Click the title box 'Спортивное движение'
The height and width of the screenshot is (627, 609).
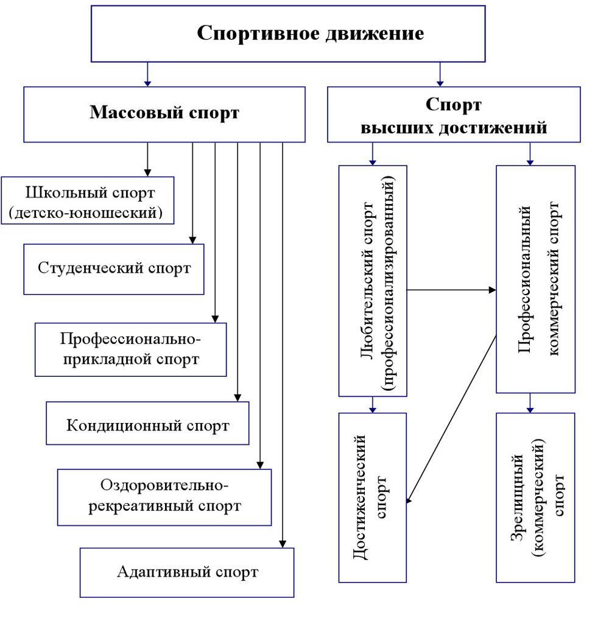pyautogui.click(x=288, y=33)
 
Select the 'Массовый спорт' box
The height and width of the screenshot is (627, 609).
pyautogui.click(x=164, y=114)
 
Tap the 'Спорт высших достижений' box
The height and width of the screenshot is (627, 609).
pyautogui.click(x=454, y=115)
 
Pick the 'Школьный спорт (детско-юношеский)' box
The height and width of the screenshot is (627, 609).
pyautogui.click(x=88, y=201)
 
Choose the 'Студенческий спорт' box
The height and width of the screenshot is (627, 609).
pyautogui.click(x=114, y=268)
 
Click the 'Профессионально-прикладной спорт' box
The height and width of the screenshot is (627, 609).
pyautogui.click(x=130, y=349)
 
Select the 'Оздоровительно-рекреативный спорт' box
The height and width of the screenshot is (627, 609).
pyautogui.click(x=164, y=497)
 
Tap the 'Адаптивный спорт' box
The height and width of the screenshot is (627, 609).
pyautogui.click(x=187, y=572)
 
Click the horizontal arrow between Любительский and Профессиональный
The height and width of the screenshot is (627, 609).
pyautogui.click(x=451, y=290)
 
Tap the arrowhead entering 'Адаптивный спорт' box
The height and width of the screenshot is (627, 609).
pyautogui.click(x=283, y=543)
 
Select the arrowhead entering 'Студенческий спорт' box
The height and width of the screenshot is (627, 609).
pyautogui.click(x=192, y=239)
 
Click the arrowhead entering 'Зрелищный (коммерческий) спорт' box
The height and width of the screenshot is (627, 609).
pyautogui.click(x=530, y=408)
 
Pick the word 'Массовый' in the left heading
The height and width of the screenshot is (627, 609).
pyautogui.click(x=125, y=114)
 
